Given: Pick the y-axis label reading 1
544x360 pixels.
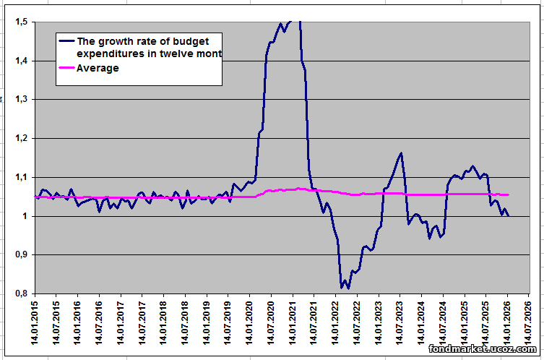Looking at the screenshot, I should pos(25,217).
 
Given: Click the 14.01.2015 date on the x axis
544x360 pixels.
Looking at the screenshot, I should pos(35,326).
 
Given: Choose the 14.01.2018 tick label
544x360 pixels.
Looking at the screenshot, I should pos(164,326).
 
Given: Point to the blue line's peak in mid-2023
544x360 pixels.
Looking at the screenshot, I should pos(401,153).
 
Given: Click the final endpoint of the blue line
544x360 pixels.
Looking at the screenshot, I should pos(509,215).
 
